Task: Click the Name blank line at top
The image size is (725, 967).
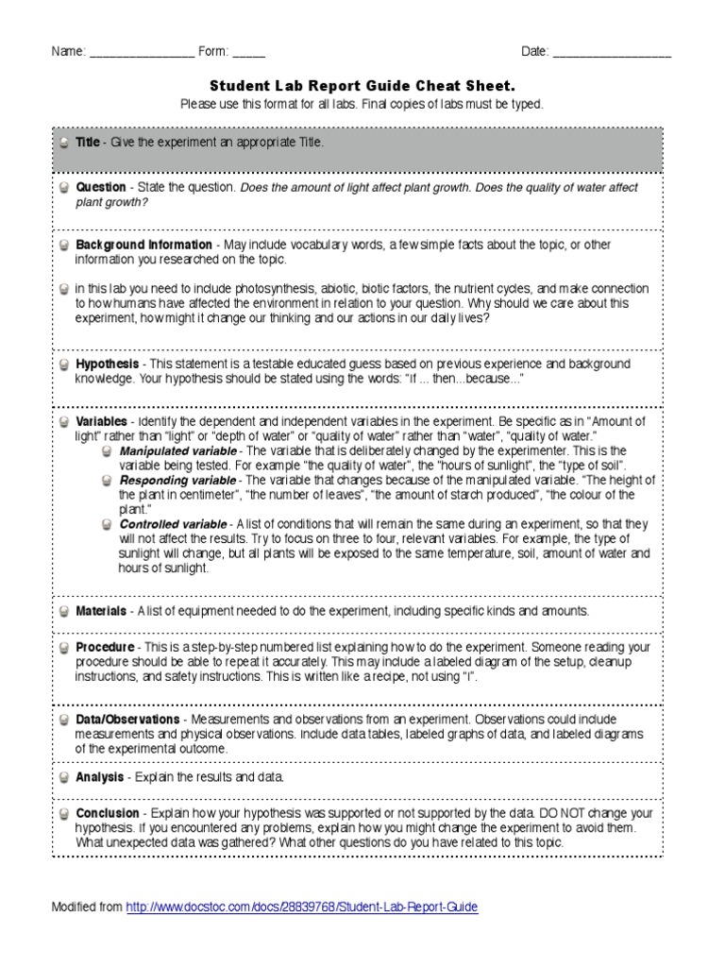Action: click(142, 53)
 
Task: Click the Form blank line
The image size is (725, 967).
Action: click(249, 53)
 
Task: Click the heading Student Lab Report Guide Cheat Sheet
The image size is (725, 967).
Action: click(362, 86)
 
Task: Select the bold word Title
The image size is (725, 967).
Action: click(88, 142)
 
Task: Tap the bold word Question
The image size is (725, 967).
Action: click(101, 187)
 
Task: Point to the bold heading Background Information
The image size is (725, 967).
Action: click(143, 245)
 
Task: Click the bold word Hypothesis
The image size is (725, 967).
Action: click(109, 364)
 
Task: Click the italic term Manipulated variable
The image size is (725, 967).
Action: click(173, 451)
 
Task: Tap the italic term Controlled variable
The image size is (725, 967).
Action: click(172, 524)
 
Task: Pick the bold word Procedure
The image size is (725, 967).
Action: click(105, 647)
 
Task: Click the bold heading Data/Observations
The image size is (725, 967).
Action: click(127, 719)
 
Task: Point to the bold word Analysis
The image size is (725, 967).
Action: click(100, 776)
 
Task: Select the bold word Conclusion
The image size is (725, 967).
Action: click(108, 813)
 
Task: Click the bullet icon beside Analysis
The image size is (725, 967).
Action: click(62, 777)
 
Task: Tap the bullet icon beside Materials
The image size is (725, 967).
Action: click(62, 612)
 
